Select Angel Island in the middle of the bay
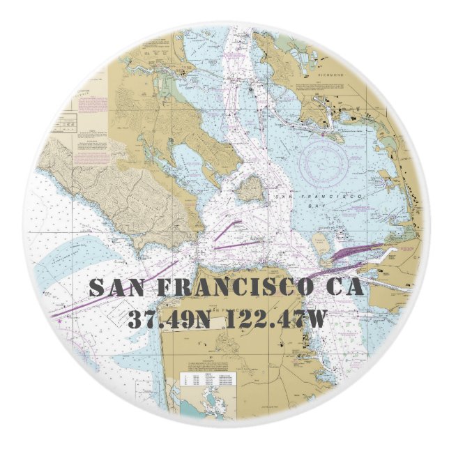tap(249, 188)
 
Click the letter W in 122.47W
tap(316, 319)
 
